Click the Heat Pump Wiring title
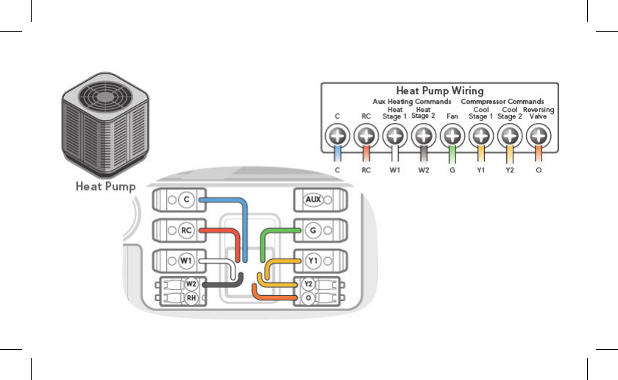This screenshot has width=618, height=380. tap(440, 91)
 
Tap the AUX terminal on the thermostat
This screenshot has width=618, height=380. tap(313, 200)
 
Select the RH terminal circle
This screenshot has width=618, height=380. tap(191, 298)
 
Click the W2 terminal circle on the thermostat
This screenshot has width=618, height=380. tap(191, 284)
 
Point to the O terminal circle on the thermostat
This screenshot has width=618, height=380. tap(308, 298)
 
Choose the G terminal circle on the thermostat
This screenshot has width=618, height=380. tap(313, 231)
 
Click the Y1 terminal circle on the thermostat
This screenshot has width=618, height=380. tap(313, 261)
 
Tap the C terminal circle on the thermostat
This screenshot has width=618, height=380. tap(186, 200)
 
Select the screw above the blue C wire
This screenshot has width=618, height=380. tap(338, 136)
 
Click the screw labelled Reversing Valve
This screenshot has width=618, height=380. tap(539, 136)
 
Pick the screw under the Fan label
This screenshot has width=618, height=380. tap(452, 136)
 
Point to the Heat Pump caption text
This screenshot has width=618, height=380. tap(106, 186)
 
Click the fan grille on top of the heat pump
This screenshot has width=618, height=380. tap(104, 96)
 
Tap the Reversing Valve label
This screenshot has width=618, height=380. tap(539, 113)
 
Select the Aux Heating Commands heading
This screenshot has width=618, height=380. tap(412, 102)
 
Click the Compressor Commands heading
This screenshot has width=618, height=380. tap(502, 102)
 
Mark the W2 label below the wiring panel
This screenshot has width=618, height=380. tap(424, 170)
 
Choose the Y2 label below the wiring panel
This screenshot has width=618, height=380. tap(510, 170)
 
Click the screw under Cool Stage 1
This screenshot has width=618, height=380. tap(481, 136)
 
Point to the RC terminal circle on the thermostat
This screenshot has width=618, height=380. tap(186, 231)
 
